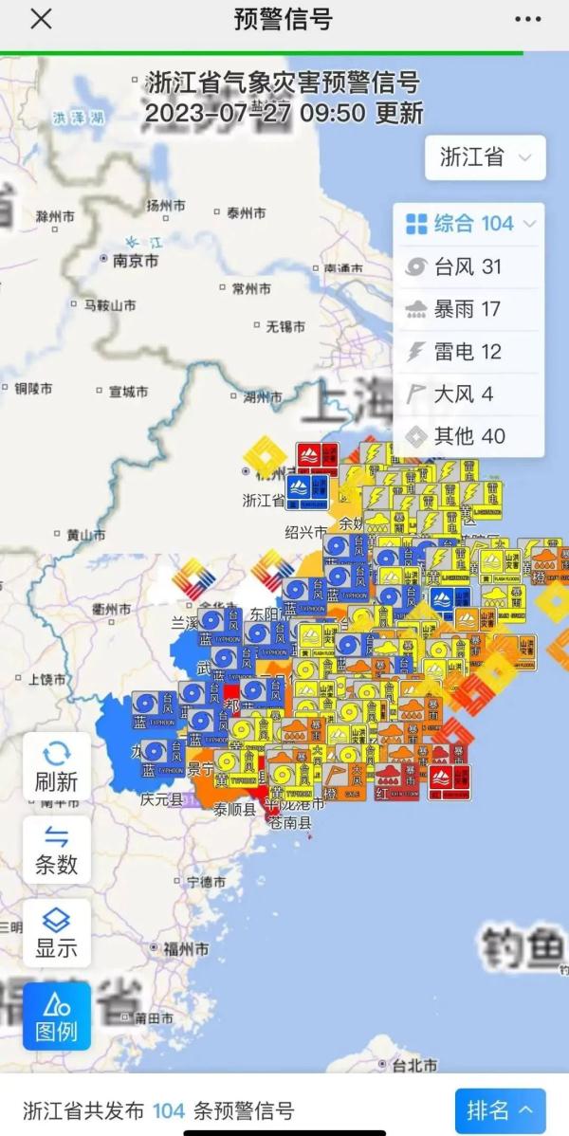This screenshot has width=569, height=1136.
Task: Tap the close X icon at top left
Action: pos(41,19)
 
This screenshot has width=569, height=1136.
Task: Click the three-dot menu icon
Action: pos(528,19)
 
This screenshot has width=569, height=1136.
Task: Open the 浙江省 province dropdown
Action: pos(485,157)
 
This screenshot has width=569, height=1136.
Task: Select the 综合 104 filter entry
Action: pos(469,224)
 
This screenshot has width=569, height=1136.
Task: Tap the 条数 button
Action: pos(57,850)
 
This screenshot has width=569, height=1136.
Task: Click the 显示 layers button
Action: pos(57,932)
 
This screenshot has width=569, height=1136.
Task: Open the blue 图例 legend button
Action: pos(57,1016)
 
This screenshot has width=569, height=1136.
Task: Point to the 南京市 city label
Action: pos(135,261)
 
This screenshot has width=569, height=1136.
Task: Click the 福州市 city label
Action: pos(187,948)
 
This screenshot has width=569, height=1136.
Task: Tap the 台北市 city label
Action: pos(414,1065)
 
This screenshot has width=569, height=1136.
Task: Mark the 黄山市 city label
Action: pos(85,535)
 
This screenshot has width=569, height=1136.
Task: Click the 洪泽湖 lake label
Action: pos(79,118)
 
